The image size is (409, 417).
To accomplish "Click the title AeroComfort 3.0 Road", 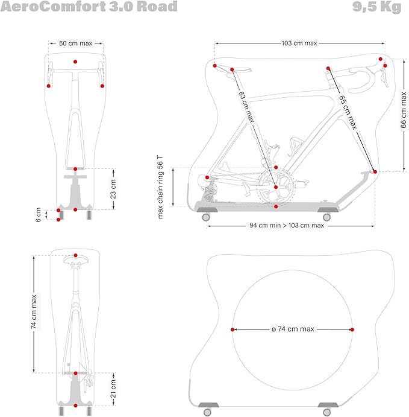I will pos(89,7).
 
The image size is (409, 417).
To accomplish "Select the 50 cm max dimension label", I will pos(75,43).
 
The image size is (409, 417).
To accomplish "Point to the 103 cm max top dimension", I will pos(299,43).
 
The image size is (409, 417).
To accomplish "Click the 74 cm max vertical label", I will pos(34,311).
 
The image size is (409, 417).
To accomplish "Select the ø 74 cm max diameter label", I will pos(293,329).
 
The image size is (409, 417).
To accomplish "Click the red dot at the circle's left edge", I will pos(233,329).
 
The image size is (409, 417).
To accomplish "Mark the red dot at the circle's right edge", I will pos(352,329).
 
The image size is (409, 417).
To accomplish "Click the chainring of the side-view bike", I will pos(275,188).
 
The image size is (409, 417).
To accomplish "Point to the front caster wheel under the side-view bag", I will pos(327,217).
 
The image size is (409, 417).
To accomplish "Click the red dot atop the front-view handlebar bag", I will pos(75,62).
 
